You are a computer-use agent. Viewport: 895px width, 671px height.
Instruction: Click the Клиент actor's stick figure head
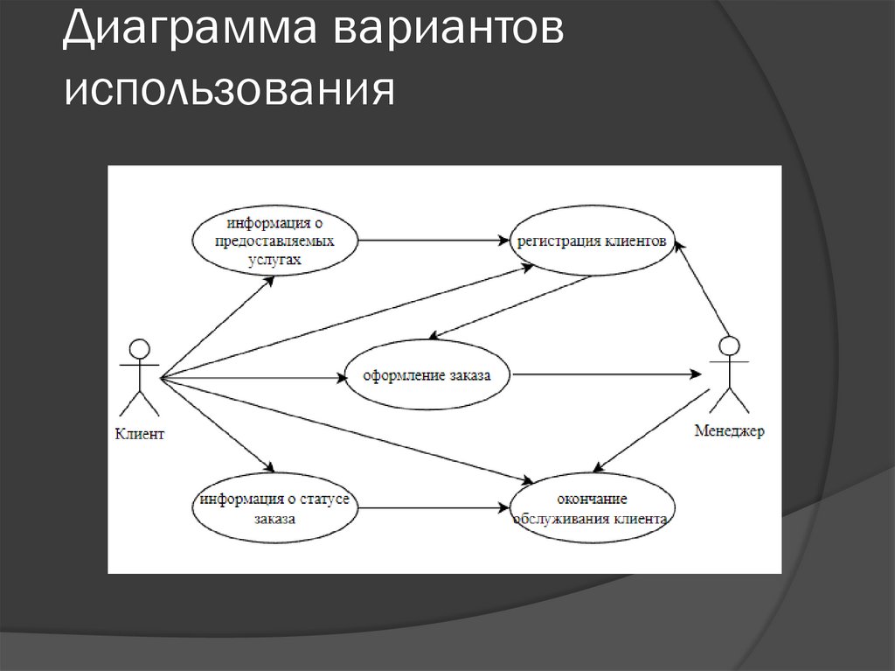pos(135,348)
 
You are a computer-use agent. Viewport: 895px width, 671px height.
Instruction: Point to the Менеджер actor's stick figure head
pos(730,345)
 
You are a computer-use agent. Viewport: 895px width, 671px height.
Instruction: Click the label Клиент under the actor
pos(139,433)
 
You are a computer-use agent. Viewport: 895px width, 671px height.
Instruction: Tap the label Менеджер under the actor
pos(729,430)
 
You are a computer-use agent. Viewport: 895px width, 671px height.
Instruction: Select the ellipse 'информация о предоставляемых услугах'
pos(277,239)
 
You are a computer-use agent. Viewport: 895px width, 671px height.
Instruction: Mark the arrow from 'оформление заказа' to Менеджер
pos(607,374)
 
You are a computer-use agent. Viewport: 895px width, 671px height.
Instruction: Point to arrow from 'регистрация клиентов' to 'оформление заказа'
pos(511,306)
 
